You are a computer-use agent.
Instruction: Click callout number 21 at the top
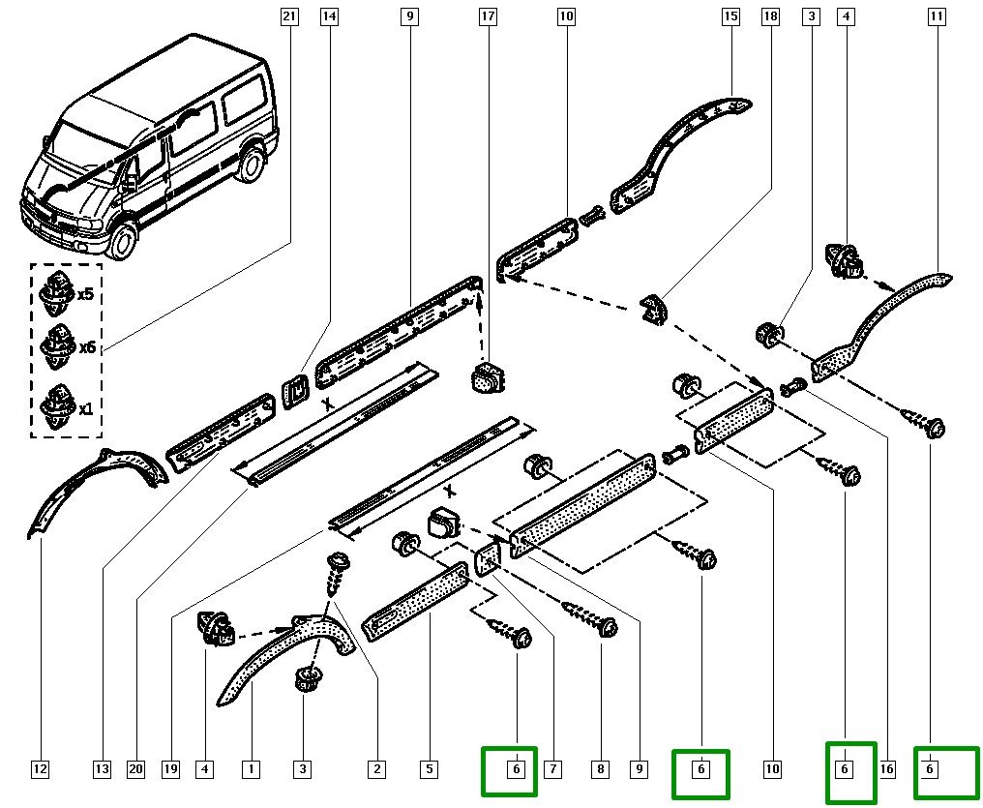pos(288,16)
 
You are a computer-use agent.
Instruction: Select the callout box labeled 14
pos(330,16)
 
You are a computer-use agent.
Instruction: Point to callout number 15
pos(730,16)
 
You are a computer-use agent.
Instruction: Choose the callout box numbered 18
pos(771,16)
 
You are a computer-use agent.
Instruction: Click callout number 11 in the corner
pos(936,16)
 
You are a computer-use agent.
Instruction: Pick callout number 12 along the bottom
pos(40,770)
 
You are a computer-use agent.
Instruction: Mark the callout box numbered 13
pos(102,770)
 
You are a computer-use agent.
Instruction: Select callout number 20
pos(135,770)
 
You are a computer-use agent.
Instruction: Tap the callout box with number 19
pos(170,770)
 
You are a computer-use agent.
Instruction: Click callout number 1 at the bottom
pos(251,770)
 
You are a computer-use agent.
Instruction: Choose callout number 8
pos(601,770)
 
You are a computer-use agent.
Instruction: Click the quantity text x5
pos(85,294)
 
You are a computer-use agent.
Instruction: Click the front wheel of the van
pos(124,240)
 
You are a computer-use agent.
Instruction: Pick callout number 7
pos(552,770)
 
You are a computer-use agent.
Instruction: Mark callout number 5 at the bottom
pos(428,770)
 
